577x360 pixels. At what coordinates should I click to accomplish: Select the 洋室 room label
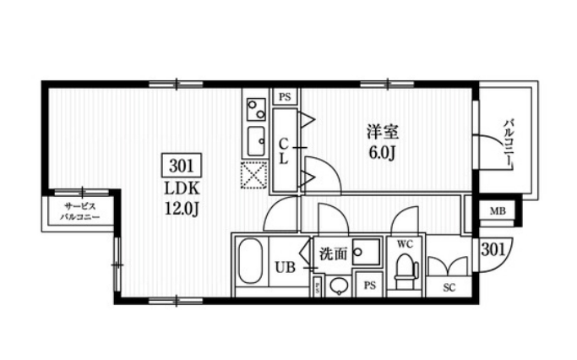(x=383, y=133)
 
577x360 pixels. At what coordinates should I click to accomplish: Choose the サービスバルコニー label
(x=80, y=211)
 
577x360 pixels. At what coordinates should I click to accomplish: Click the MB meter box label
(x=498, y=211)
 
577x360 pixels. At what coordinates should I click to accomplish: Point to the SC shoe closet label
(x=449, y=287)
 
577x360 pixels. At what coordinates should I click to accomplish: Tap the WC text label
(x=404, y=244)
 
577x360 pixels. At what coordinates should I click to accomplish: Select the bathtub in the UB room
(x=249, y=264)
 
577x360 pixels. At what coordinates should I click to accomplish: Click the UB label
(x=285, y=269)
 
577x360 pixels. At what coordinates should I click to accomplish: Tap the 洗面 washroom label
(x=332, y=253)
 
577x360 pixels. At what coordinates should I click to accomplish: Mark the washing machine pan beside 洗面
(x=367, y=251)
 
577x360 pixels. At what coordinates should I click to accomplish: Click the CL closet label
(x=285, y=151)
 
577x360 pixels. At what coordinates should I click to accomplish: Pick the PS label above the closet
(x=285, y=97)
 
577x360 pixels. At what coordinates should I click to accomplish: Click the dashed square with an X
(x=253, y=176)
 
